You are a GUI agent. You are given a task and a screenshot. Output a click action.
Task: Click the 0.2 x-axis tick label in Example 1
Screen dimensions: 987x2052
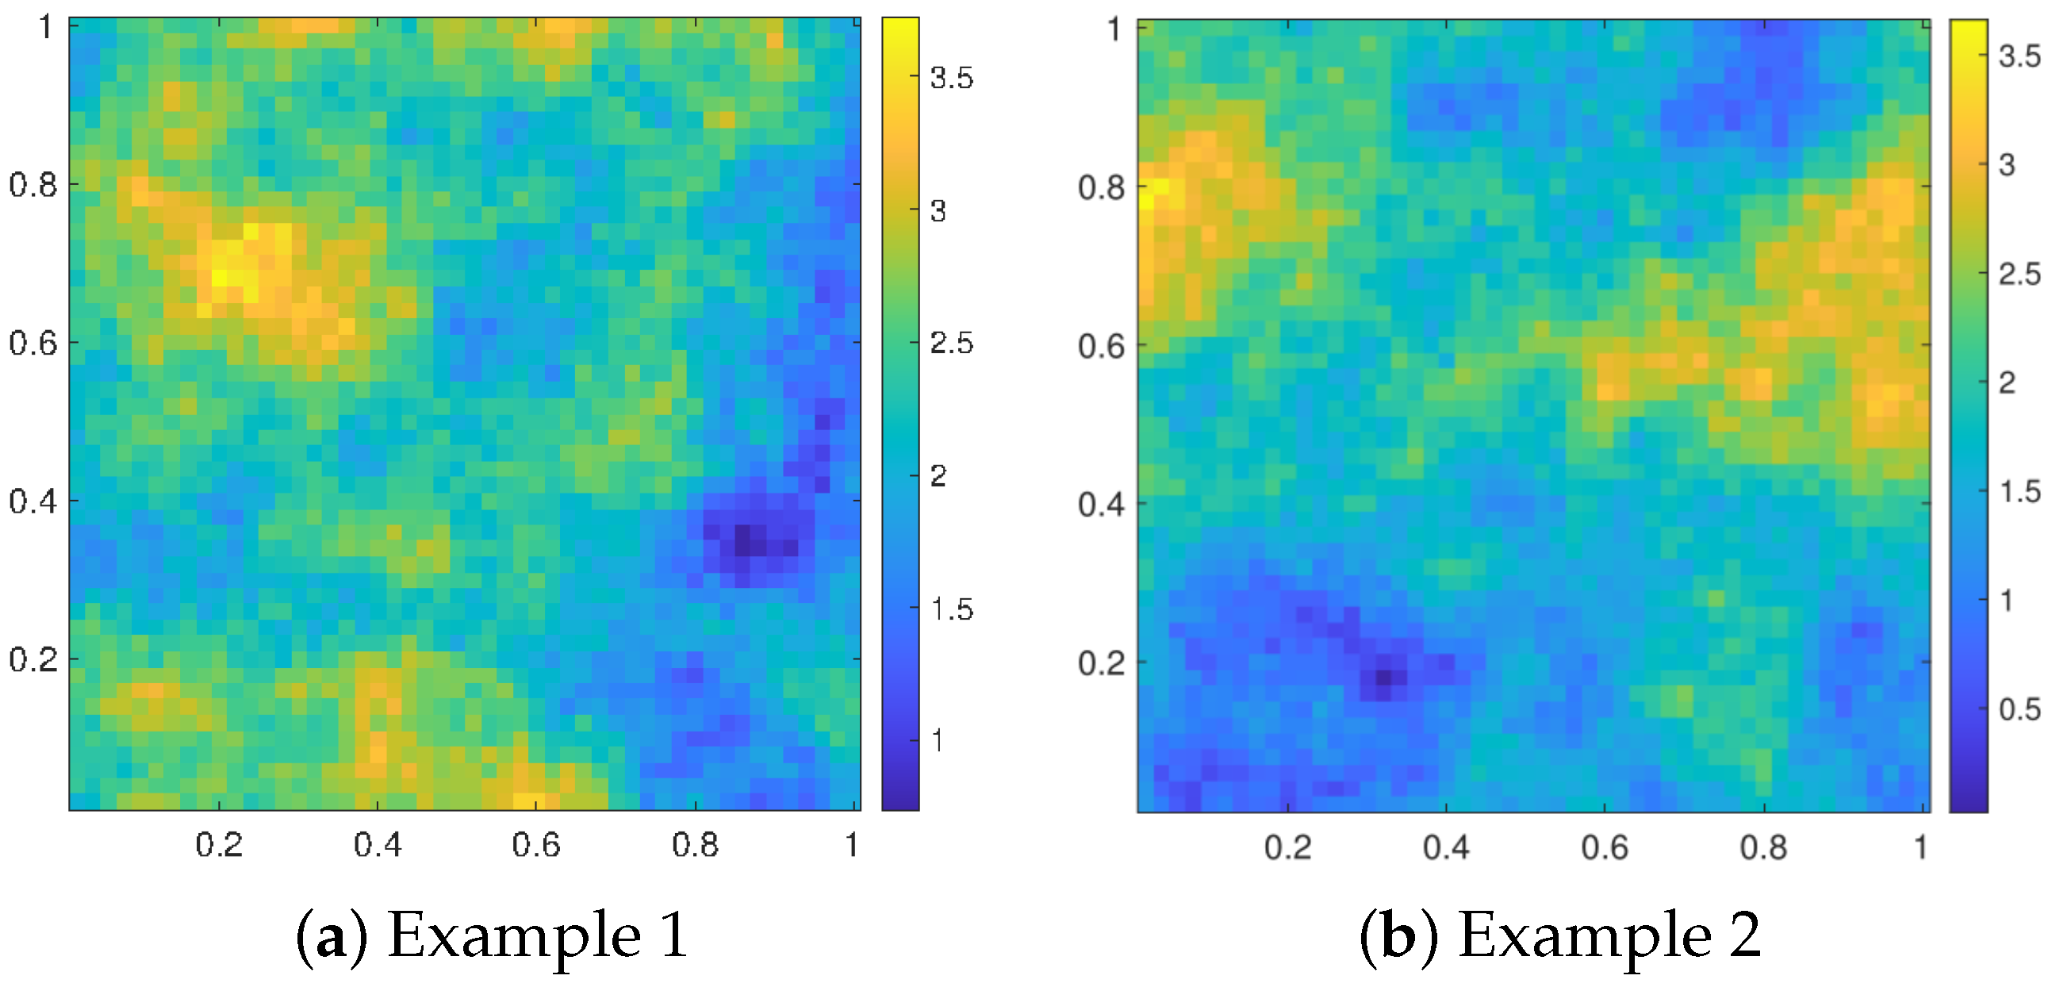[219, 845]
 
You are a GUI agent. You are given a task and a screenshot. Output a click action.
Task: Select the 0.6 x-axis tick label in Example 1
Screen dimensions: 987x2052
[536, 845]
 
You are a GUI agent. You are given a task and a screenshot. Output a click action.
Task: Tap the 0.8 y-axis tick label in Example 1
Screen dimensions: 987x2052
[33, 185]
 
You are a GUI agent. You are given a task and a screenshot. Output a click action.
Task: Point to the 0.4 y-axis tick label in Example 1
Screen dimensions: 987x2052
[33, 502]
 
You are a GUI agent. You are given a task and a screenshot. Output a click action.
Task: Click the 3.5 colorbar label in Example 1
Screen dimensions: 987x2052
[951, 78]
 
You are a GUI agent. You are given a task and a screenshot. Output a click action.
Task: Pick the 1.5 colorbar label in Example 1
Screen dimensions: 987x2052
[951, 609]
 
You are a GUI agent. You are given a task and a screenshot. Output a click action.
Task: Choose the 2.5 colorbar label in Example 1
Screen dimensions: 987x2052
[951, 344]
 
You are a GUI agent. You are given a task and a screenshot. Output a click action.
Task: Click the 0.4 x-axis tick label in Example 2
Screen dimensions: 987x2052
[1446, 847]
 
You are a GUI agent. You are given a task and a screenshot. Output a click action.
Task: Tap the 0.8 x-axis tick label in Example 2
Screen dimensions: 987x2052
[1762, 847]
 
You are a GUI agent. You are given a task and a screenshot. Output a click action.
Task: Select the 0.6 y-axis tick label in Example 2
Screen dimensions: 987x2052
[1101, 347]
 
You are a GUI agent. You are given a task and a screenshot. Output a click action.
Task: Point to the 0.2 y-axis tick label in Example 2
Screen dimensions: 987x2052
[1101, 662]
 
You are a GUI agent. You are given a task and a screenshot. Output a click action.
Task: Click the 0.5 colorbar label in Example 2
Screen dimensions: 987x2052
[2019, 709]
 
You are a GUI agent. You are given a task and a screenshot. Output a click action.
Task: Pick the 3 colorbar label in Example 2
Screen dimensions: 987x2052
[2007, 165]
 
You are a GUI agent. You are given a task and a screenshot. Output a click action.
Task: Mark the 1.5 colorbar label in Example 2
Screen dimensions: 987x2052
[2019, 491]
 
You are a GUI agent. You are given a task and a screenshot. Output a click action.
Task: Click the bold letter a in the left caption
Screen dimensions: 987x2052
[331, 938]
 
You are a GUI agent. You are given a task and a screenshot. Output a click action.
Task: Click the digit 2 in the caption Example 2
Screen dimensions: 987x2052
[1743, 936]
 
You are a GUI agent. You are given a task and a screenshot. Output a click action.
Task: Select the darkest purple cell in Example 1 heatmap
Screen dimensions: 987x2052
[742, 540]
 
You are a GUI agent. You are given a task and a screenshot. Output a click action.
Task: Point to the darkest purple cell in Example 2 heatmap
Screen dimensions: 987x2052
[1383, 677]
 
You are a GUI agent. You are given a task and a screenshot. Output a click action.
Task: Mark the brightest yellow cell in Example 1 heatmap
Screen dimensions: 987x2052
[219, 278]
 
